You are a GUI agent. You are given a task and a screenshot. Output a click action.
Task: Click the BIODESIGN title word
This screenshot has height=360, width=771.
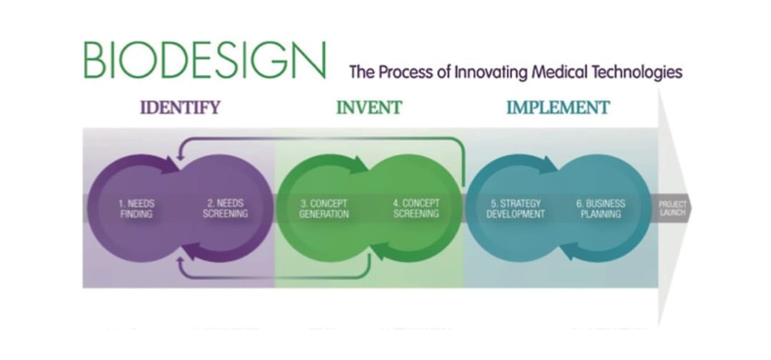point(205,61)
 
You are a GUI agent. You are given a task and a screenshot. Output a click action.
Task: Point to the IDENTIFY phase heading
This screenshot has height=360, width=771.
point(180,107)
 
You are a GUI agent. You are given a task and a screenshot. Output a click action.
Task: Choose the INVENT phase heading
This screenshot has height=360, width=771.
point(369,107)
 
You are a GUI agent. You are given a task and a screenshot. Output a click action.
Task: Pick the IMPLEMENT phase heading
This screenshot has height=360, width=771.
point(558,107)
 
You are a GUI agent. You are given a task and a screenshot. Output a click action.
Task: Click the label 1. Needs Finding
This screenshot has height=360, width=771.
point(136,209)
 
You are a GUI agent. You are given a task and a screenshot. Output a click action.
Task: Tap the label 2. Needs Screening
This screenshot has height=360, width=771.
point(225,209)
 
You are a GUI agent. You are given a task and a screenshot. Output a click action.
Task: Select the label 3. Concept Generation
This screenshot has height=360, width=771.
point(323,209)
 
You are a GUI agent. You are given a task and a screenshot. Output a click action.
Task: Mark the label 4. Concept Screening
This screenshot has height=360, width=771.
point(416,209)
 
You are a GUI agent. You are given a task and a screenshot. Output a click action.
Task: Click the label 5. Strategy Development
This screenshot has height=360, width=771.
point(515,209)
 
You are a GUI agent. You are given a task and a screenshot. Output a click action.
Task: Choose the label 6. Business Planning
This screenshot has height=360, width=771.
point(600,209)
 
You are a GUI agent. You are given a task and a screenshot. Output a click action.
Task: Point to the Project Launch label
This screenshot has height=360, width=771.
point(672,209)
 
